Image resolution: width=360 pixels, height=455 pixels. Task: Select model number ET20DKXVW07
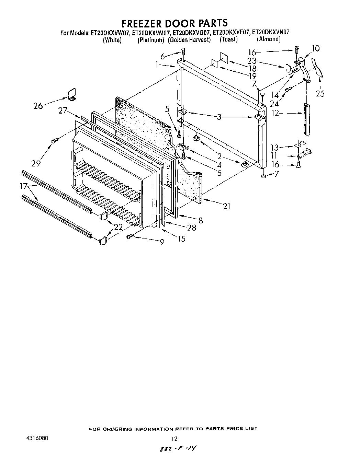[110, 33]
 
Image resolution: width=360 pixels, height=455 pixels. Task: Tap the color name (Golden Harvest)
[189, 40]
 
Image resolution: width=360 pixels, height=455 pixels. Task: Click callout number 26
[38, 106]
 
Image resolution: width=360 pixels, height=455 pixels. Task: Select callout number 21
[226, 206]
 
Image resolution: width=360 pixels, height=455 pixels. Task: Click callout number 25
[320, 93]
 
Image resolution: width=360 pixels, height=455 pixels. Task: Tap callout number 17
[24, 186]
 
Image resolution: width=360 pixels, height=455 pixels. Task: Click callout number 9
[162, 242]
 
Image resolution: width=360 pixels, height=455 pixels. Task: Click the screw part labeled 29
[54, 140]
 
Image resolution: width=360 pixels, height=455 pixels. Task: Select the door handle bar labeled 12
[306, 119]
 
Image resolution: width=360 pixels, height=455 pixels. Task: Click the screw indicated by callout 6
[183, 52]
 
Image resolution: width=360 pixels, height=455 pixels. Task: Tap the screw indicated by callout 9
[130, 236]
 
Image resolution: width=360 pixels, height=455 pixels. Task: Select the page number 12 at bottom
[174, 439]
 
